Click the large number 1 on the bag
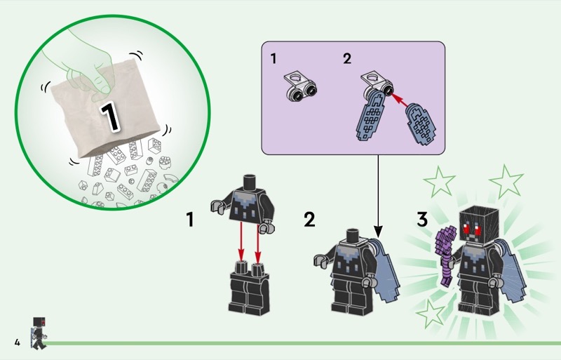point(110,116)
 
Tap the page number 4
point(17,342)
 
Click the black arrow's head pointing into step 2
point(378,232)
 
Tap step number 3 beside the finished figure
point(422,219)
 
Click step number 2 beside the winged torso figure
point(310,219)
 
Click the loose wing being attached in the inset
point(421,124)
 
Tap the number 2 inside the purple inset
point(347,59)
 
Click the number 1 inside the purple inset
point(273,59)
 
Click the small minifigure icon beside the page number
point(39,333)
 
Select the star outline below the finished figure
point(431,314)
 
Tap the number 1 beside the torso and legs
point(190,219)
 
